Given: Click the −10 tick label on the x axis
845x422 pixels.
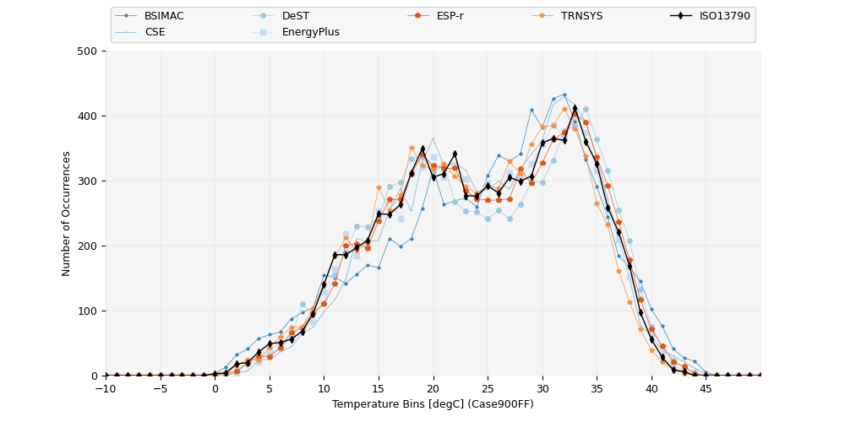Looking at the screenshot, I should click(106, 388).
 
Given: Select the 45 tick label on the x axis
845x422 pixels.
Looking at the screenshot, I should click(706, 388).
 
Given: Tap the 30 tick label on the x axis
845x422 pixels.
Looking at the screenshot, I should click(542, 388).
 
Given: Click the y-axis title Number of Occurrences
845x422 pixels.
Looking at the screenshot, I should click(67, 214).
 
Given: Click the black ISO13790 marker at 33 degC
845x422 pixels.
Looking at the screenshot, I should click(575, 108).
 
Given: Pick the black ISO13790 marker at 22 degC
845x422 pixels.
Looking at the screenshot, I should click(455, 154).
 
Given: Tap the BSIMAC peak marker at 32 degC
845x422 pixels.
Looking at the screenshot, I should click(564, 95).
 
